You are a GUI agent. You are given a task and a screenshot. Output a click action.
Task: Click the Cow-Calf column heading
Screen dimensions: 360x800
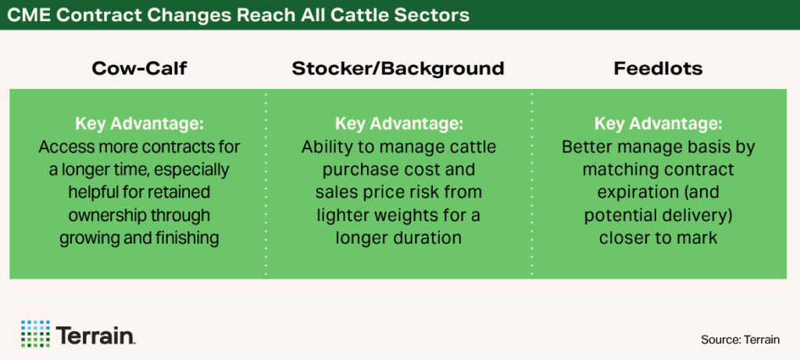(x=139, y=69)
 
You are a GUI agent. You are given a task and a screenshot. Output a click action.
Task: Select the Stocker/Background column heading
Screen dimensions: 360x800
(x=398, y=69)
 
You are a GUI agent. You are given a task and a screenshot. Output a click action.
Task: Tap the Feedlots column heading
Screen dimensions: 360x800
(x=658, y=69)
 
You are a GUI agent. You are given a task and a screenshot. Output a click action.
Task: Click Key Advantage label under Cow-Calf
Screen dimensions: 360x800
(x=139, y=124)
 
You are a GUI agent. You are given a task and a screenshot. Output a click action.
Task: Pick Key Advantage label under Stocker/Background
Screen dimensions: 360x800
(x=398, y=124)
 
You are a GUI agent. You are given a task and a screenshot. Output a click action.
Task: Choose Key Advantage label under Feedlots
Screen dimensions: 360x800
(x=658, y=124)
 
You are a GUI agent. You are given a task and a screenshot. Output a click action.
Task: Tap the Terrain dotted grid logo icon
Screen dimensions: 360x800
(x=35, y=333)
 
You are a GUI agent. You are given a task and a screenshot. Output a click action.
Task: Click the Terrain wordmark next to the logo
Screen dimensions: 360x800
(x=95, y=334)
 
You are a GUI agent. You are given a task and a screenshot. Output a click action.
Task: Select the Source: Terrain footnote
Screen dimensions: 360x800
(x=740, y=340)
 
